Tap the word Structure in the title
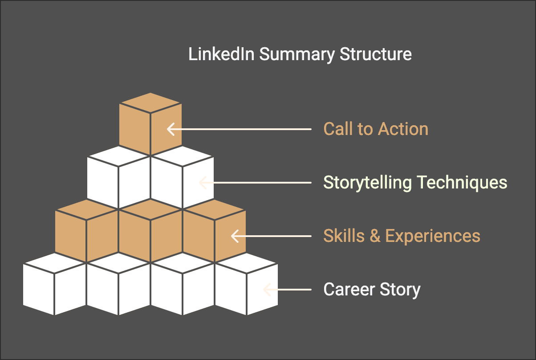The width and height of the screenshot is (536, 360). tap(376, 54)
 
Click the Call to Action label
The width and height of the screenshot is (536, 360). tap(376, 129)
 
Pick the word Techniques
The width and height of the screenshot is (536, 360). tap(462, 183)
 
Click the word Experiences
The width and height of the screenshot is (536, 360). tap(433, 236)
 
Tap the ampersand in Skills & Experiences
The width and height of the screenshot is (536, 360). tap(375, 236)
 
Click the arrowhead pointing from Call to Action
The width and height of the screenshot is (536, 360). tap(170, 129)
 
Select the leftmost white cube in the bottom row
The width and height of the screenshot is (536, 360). tap(54, 285)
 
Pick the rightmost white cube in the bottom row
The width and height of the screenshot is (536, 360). tap(246, 285)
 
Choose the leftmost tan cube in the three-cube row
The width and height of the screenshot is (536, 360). tap(86, 232)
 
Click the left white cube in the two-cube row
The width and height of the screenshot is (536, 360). tap(118, 178)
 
